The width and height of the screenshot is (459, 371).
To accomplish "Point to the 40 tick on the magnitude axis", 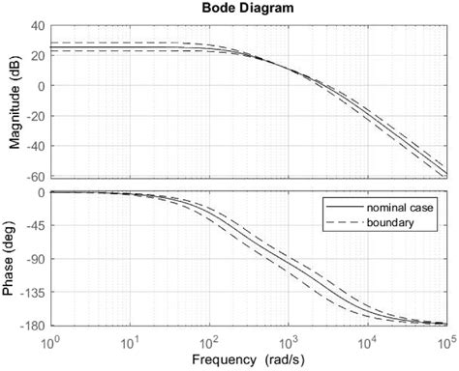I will pyautogui.click(x=36, y=26).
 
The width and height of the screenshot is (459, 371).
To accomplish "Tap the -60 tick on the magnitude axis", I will pyautogui.click(x=32, y=177).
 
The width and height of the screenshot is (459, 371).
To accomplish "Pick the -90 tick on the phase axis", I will pyautogui.click(x=32, y=259).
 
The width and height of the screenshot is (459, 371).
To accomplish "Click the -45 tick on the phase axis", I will pyautogui.click(x=32, y=226).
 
